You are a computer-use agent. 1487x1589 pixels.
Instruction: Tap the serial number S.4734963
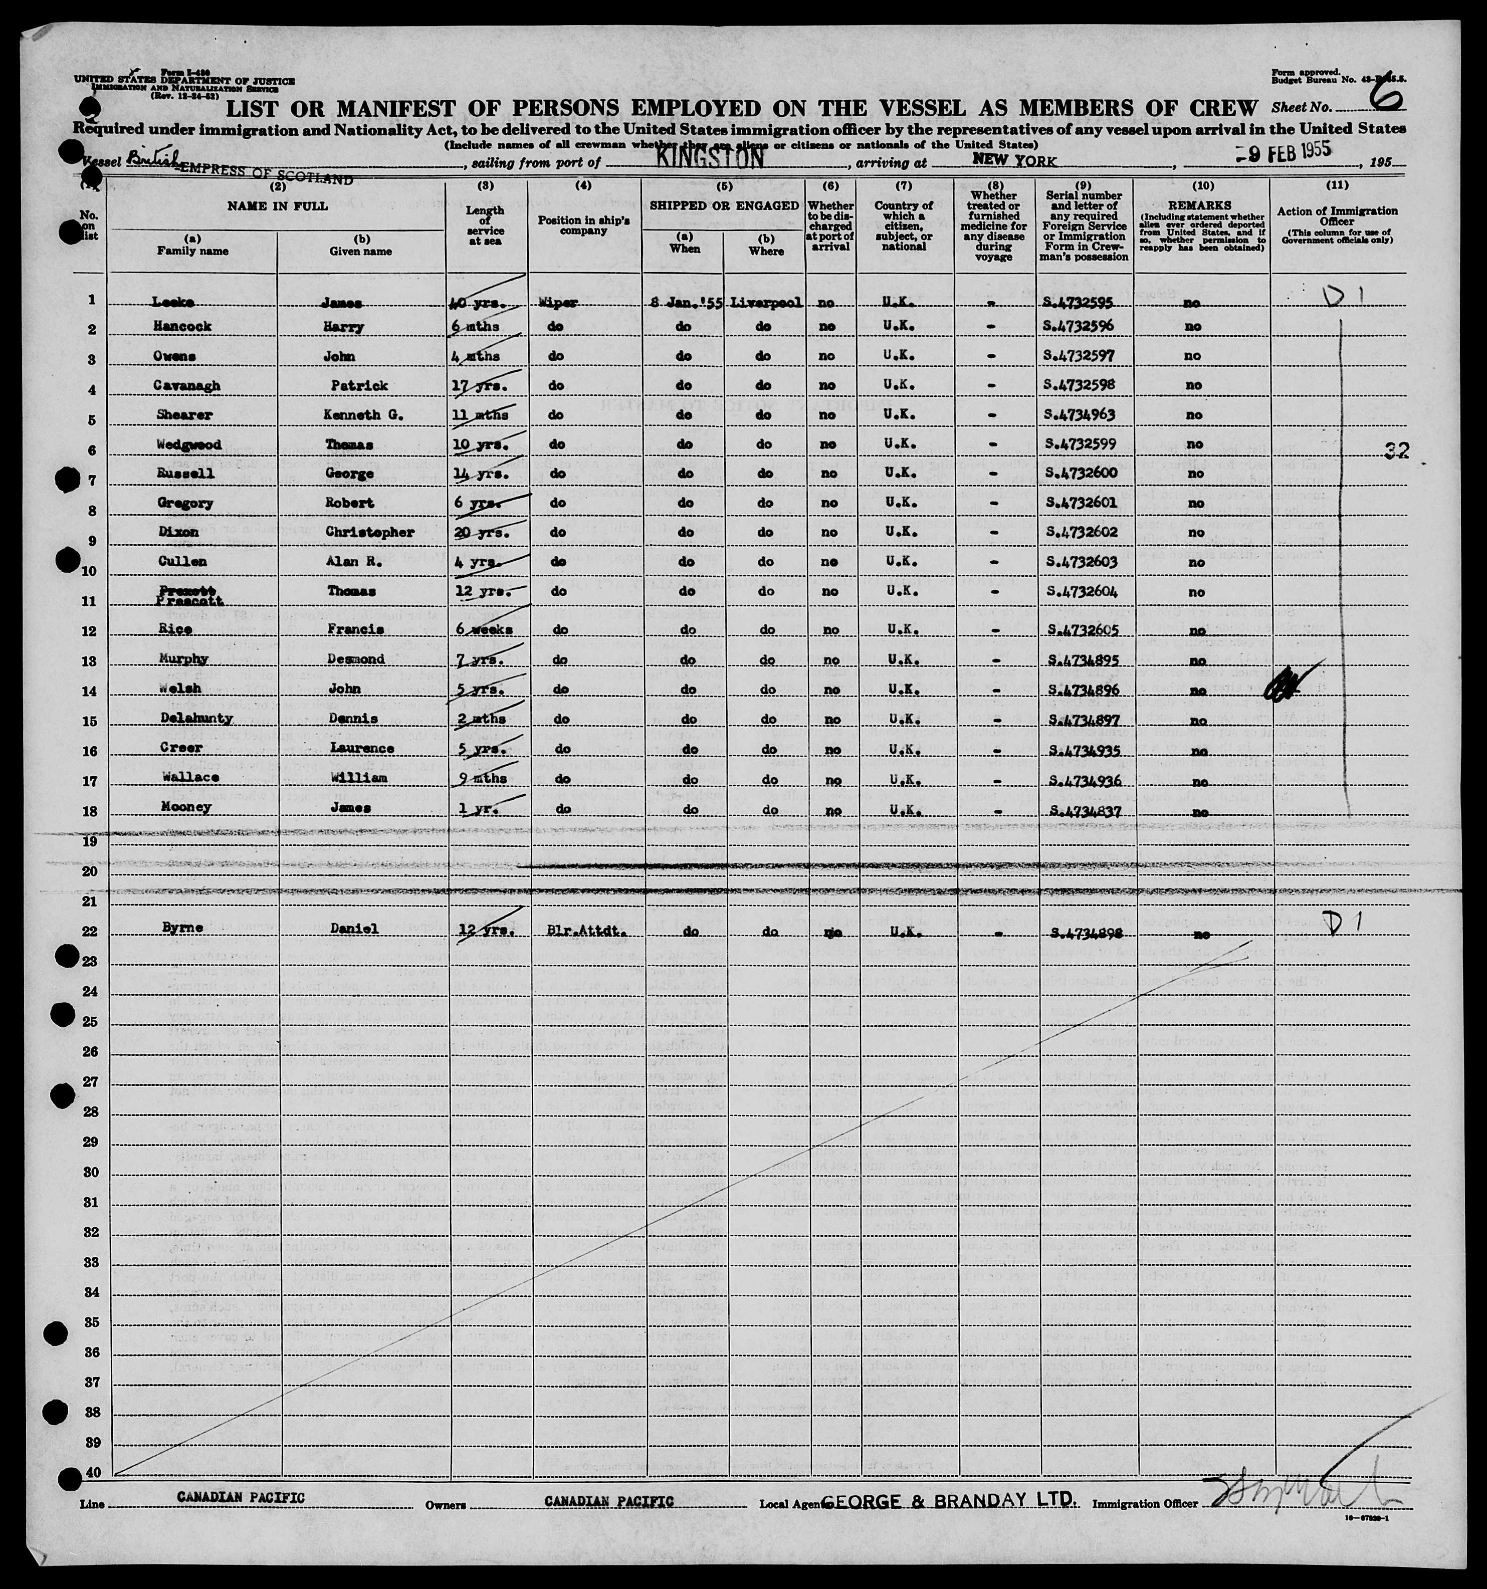[1079, 415]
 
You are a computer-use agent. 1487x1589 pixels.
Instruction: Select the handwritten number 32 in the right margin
[1395, 452]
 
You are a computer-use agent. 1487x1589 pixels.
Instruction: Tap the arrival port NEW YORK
[1014, 161]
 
